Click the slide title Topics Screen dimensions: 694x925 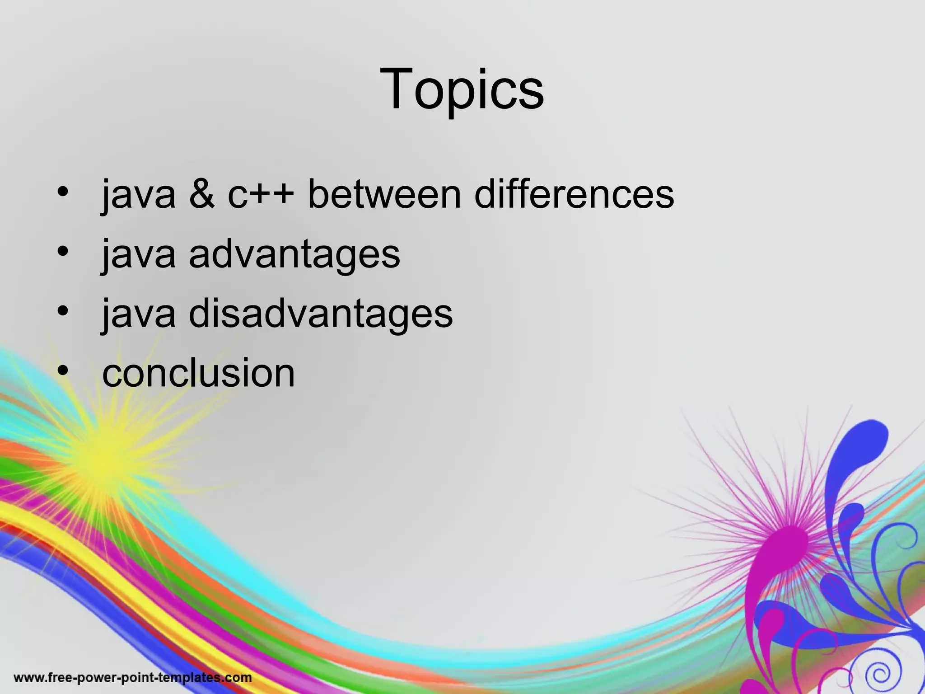click(462, 89)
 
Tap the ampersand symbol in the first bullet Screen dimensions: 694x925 click(202, 194)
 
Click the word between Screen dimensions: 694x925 click(384, 194)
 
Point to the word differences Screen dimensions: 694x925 click(574, 194)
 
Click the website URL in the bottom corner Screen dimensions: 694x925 click(133, 678)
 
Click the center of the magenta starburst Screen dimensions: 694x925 click(788, 542)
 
